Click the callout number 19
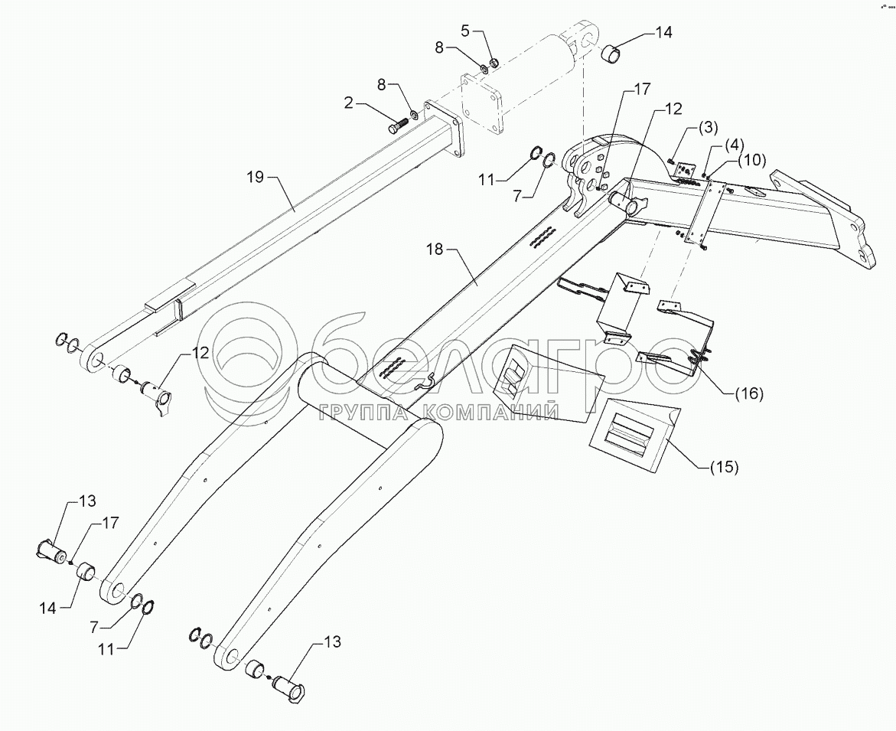[256, 177]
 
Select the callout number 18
[435, 250]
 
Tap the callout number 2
[348, 103]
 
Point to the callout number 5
[465, 31]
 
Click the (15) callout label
[723, 467]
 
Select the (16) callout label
[748, 393]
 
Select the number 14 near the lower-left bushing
[47, 608]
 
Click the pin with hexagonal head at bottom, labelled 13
[288, 684]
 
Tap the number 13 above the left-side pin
[87, 501]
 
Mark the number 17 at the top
[642, 89]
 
